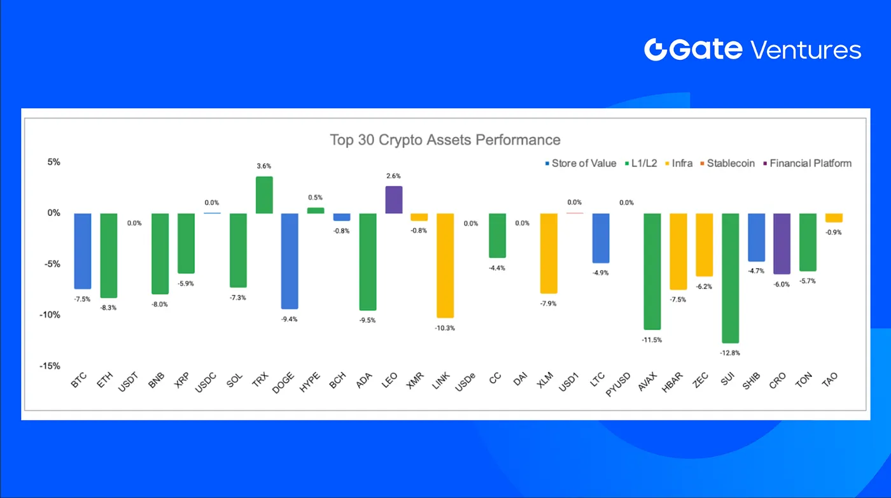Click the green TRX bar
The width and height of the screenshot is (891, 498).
click(264, 195)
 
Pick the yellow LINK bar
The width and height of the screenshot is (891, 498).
click(445, 265)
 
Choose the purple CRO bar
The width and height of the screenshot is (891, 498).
click(782, 243)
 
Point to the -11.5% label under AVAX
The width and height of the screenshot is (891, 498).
click(652, 339)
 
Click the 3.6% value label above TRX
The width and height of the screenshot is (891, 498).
click(264, 166)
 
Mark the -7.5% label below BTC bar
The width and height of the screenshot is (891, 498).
click(83, 299)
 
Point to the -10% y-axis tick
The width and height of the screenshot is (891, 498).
click(51, 315)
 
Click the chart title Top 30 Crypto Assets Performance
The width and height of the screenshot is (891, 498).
click(445, 139)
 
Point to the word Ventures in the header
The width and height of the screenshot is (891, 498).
click(806, 50)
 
